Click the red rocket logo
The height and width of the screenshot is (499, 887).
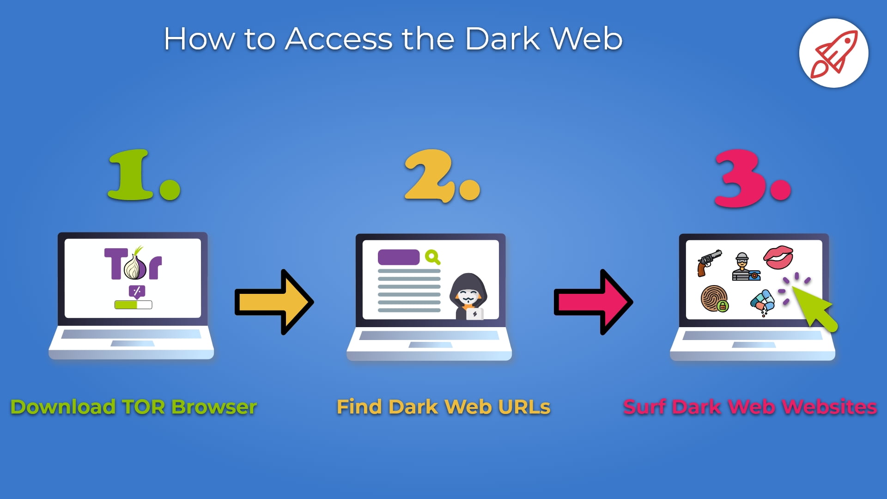coord(834,54)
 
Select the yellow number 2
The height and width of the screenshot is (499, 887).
coord(429,176)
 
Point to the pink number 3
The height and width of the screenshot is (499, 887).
coord(739,178)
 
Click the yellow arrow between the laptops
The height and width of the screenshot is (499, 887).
coord(275,302)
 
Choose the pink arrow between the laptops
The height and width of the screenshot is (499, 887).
coord(594,302)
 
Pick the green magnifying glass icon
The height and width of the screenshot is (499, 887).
coord(432,257)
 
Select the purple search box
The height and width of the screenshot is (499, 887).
coord(398,257)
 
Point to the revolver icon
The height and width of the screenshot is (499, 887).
coord(709,262)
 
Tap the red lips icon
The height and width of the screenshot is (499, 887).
coord(778,257)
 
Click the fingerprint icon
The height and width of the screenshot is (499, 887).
coord(714,298)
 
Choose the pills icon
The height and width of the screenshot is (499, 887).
coord(762,301)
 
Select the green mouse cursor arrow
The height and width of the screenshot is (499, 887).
coord(815,309)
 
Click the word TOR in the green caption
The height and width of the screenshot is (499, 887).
coord(143,407)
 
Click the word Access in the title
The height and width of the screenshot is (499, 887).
coord(339,39)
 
